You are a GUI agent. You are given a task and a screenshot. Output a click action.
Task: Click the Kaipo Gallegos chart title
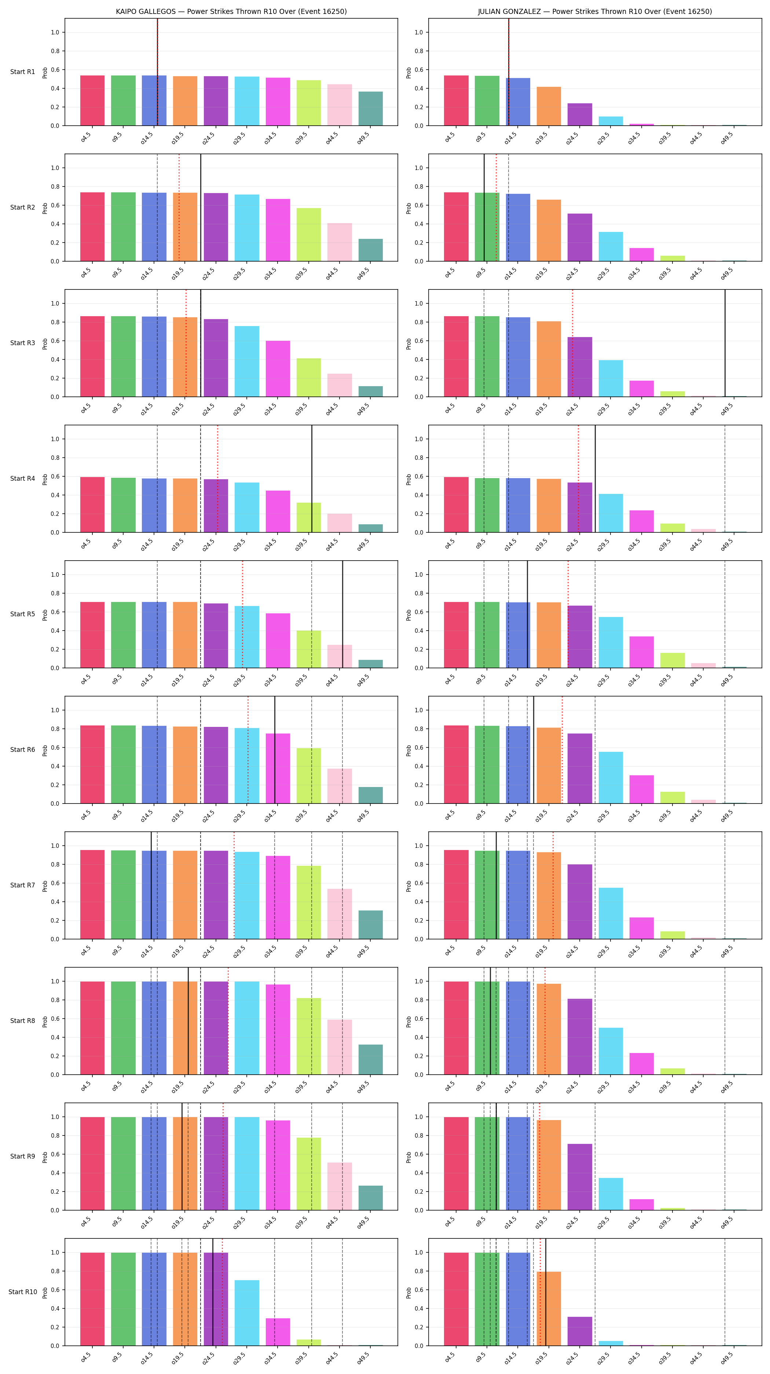click(x=231, y=11)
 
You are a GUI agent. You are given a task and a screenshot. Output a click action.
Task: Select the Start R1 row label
click(x=22, y=72)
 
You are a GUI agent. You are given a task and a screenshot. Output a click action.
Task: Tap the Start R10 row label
click(x=22, y=1292)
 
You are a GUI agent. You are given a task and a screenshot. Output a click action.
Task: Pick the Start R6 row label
click(x=22, y=749)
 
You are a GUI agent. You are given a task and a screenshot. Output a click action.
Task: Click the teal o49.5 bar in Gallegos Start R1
click(x=370, y=109)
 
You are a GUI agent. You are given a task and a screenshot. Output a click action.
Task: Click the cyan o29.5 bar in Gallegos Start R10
click(x=247, y=1313)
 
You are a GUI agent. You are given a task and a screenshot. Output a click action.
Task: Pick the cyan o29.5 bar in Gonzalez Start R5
click(x=610, y=642)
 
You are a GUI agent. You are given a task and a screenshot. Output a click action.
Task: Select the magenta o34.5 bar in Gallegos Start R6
click(x=278, y=768)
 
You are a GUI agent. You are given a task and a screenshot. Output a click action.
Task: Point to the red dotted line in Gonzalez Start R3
click(x=573, y=343)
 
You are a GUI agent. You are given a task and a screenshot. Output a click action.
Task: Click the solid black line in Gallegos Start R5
click(x=342, y=614)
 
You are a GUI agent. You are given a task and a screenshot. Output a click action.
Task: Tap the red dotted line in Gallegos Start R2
click(x=179, y=207)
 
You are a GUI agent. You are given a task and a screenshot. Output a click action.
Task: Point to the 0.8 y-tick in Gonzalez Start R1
click(x=419, y=51)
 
